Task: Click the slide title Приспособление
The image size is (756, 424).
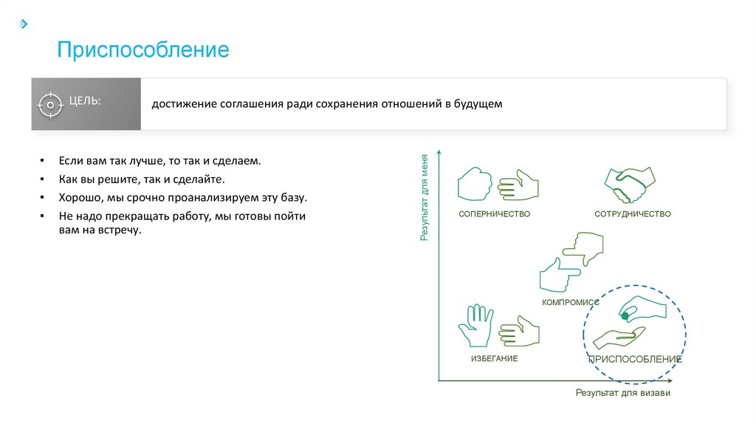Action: click(144, 50)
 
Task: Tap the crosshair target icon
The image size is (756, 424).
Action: click(49, 105)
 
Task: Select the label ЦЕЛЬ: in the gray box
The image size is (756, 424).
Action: click(85, 100)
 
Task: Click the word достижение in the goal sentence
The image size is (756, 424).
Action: click(183, 104)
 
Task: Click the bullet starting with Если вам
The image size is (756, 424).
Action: click(160, 160)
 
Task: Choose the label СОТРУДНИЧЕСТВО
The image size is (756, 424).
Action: click(633, 214)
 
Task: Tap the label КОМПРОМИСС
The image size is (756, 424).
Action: click(570, 303)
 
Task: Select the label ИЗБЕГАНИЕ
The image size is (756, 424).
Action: click(495, 359)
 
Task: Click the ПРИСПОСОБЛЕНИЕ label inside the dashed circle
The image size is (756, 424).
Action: click(634, 359)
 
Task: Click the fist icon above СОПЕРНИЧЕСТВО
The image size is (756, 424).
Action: click(475, 184)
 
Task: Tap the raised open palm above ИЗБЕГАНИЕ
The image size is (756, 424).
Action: click(475, 326)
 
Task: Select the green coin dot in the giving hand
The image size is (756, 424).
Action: click(625, 316)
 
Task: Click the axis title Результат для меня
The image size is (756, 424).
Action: click(425, 198)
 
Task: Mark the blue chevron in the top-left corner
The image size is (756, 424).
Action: click(24, 24)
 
